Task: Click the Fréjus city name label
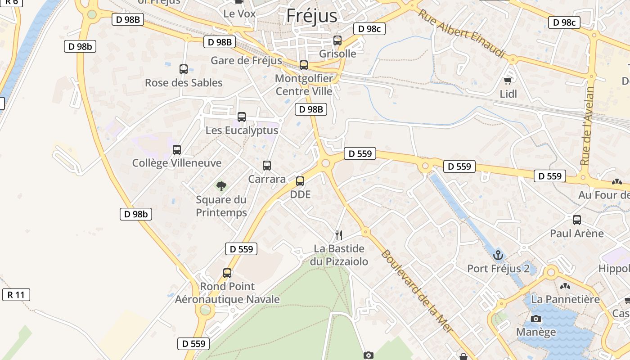[311, 16]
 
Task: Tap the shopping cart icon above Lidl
[508, 81]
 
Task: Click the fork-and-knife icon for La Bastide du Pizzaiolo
[339, 235]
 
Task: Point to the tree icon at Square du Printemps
[221, 186]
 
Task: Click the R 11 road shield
[16, 295]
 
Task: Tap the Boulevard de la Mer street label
[417, 291]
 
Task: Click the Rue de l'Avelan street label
[587, 126]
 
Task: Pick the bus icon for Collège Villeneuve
[177, 150]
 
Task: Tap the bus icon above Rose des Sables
[184, 69]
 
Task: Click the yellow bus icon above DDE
[300, 181]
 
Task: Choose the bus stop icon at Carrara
[267, 166]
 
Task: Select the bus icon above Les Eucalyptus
[242, 117]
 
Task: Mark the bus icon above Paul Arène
[577, 220]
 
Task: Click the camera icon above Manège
[536, 319]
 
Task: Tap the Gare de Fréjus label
[246, 61]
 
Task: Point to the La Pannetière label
[565, 299]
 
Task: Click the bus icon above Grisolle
[337, 40]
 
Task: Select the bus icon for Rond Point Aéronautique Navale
[227, 273]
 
